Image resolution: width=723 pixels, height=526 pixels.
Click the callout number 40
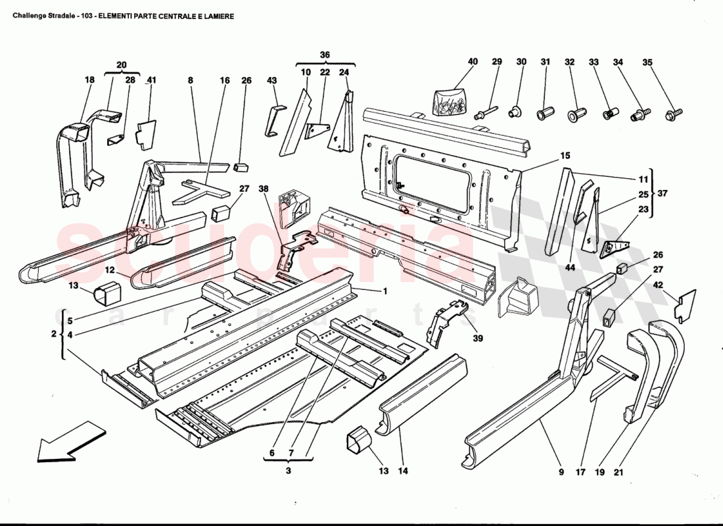(473, 62)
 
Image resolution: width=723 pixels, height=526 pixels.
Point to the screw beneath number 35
(671, 116)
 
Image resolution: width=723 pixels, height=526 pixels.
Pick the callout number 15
(565, 156)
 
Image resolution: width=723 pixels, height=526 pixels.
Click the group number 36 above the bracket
(325, 55)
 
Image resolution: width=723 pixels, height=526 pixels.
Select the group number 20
(121, 64)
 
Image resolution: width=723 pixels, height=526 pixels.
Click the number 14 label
(402, 471)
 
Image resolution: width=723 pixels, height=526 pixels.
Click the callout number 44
(569, 268)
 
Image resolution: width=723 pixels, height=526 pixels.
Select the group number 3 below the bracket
(288, 470)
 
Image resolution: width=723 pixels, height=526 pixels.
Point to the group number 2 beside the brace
(54, 334)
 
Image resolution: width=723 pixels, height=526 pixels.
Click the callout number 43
(272, 80)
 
